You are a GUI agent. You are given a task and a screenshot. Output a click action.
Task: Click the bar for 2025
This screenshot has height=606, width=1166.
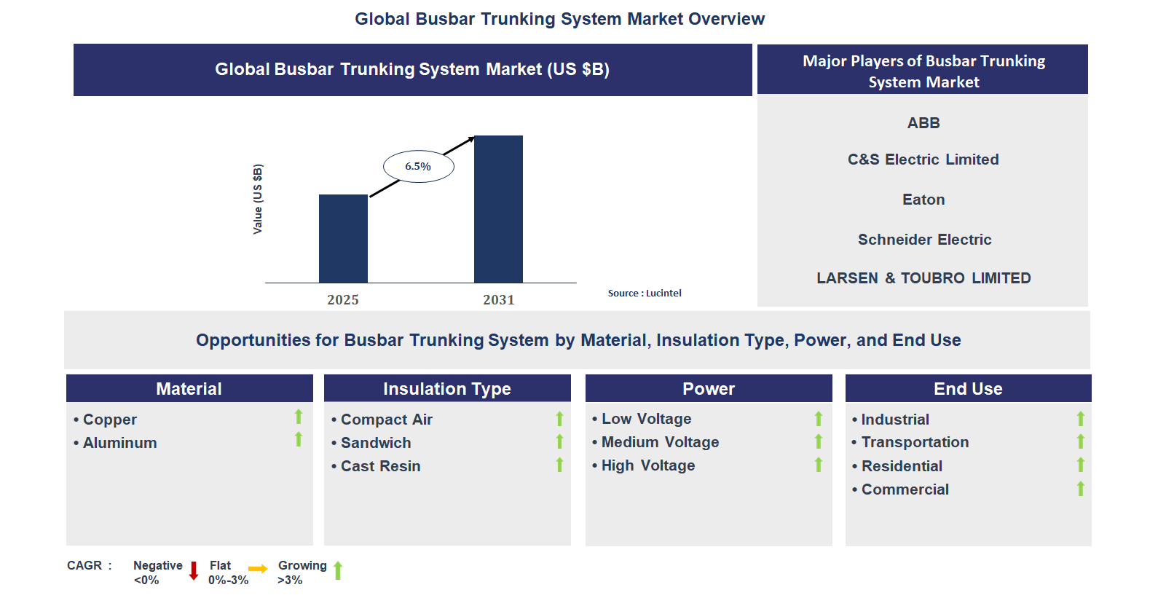343,239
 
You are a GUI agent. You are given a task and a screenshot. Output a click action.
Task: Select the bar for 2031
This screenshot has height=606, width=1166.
498,209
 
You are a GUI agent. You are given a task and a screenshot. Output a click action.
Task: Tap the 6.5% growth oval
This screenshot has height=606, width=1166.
419,167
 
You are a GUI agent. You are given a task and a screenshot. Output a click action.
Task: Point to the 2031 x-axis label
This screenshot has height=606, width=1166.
498,300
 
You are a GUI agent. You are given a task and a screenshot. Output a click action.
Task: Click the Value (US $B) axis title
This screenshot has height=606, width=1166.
258,199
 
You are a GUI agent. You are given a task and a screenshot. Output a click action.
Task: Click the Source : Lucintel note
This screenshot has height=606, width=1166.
645,294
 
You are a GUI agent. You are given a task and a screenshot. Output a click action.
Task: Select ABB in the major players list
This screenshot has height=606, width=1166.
923,123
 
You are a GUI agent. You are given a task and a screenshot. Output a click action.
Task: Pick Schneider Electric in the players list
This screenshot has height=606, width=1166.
924,240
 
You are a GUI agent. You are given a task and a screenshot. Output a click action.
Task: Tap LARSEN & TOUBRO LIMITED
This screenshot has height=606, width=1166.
923,278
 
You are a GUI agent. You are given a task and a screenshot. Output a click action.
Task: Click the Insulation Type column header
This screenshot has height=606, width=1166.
447,389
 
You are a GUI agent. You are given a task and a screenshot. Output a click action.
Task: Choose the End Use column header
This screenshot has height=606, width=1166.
968,389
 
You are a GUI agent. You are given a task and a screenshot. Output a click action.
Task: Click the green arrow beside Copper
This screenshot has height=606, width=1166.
299,417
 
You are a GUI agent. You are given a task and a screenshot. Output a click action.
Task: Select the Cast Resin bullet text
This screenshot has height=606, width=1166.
380,466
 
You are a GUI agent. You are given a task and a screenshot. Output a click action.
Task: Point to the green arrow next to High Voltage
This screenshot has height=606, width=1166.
819,465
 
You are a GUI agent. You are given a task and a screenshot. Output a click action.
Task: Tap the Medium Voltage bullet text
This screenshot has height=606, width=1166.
660,442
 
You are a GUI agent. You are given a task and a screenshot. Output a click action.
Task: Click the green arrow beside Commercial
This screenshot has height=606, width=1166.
1081,489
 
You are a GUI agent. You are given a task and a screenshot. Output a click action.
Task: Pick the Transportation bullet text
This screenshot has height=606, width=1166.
915,442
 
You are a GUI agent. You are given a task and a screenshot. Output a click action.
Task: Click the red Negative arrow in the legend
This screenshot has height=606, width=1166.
194,570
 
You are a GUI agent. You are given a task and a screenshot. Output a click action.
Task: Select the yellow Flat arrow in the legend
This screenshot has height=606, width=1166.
258,569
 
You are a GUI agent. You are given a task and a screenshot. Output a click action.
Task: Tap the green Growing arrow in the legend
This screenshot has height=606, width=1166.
338,570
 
